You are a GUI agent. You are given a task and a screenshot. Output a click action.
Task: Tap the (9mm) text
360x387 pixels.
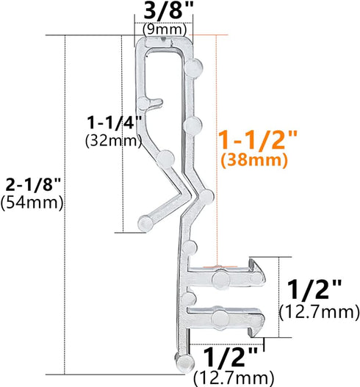163,30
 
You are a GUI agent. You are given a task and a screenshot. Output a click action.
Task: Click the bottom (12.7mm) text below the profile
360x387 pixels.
232,378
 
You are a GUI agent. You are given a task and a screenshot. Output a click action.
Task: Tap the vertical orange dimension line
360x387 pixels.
217,147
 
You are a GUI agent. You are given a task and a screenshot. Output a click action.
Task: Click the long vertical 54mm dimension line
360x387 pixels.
67,206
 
